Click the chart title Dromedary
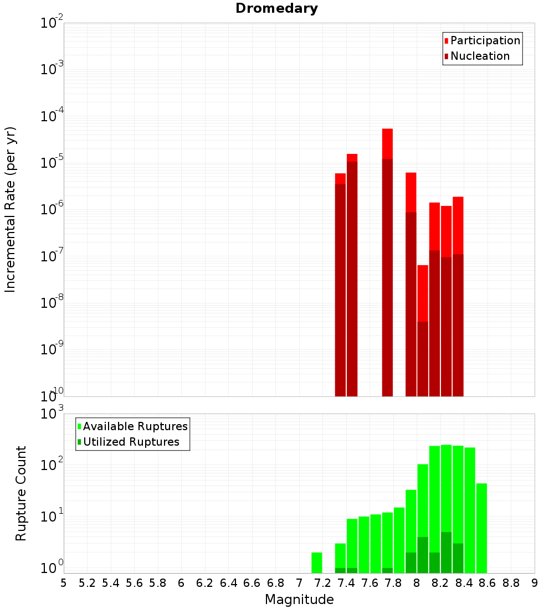[276, 8]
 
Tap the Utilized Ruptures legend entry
[131, 442]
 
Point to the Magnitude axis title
[299, 600]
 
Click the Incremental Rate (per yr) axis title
[11, 209]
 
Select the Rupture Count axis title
[21, 493]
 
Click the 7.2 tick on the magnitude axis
[322, 582]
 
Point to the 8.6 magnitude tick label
[488, 582]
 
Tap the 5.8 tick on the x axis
[157, 582]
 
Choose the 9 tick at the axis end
[534, 582]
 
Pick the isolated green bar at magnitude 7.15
[317, 562]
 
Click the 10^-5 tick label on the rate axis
[52, 163]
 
